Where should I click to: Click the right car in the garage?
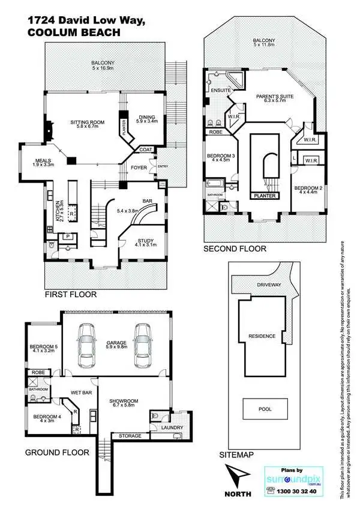(x=143, y=342)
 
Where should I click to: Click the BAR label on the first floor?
(x=146, y=202)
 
